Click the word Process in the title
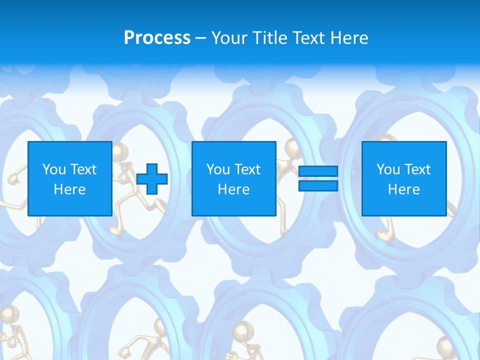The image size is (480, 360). click(x=157, y=38)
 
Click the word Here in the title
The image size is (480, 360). click(x=350, y=38)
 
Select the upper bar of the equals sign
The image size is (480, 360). click(x=318, y=171)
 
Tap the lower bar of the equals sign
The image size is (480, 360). click(x=318, y=186)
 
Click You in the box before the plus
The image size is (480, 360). click(x=54, y=169)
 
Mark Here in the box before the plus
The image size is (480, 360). click(x=69, y=189)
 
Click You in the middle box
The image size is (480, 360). click(x=218, y=169)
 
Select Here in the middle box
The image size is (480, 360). click(x=233, y=189)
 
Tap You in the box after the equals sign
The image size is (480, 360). click(x=388, y=169)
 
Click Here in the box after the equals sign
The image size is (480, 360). click(x=403, y=189)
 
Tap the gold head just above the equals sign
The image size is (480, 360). click(x=293, y=148)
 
